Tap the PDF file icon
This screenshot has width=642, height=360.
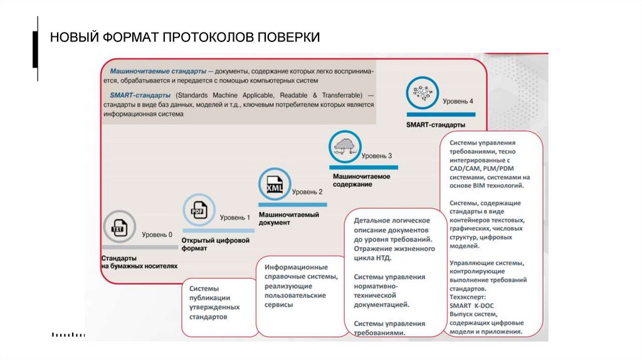(198, 210)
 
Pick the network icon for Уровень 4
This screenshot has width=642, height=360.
(422, 93)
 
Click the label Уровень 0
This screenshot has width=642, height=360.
(157, 235)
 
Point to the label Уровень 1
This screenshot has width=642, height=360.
(234, 218)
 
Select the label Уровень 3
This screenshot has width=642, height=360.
(377, 156)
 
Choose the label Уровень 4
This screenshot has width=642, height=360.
(458, 100)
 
